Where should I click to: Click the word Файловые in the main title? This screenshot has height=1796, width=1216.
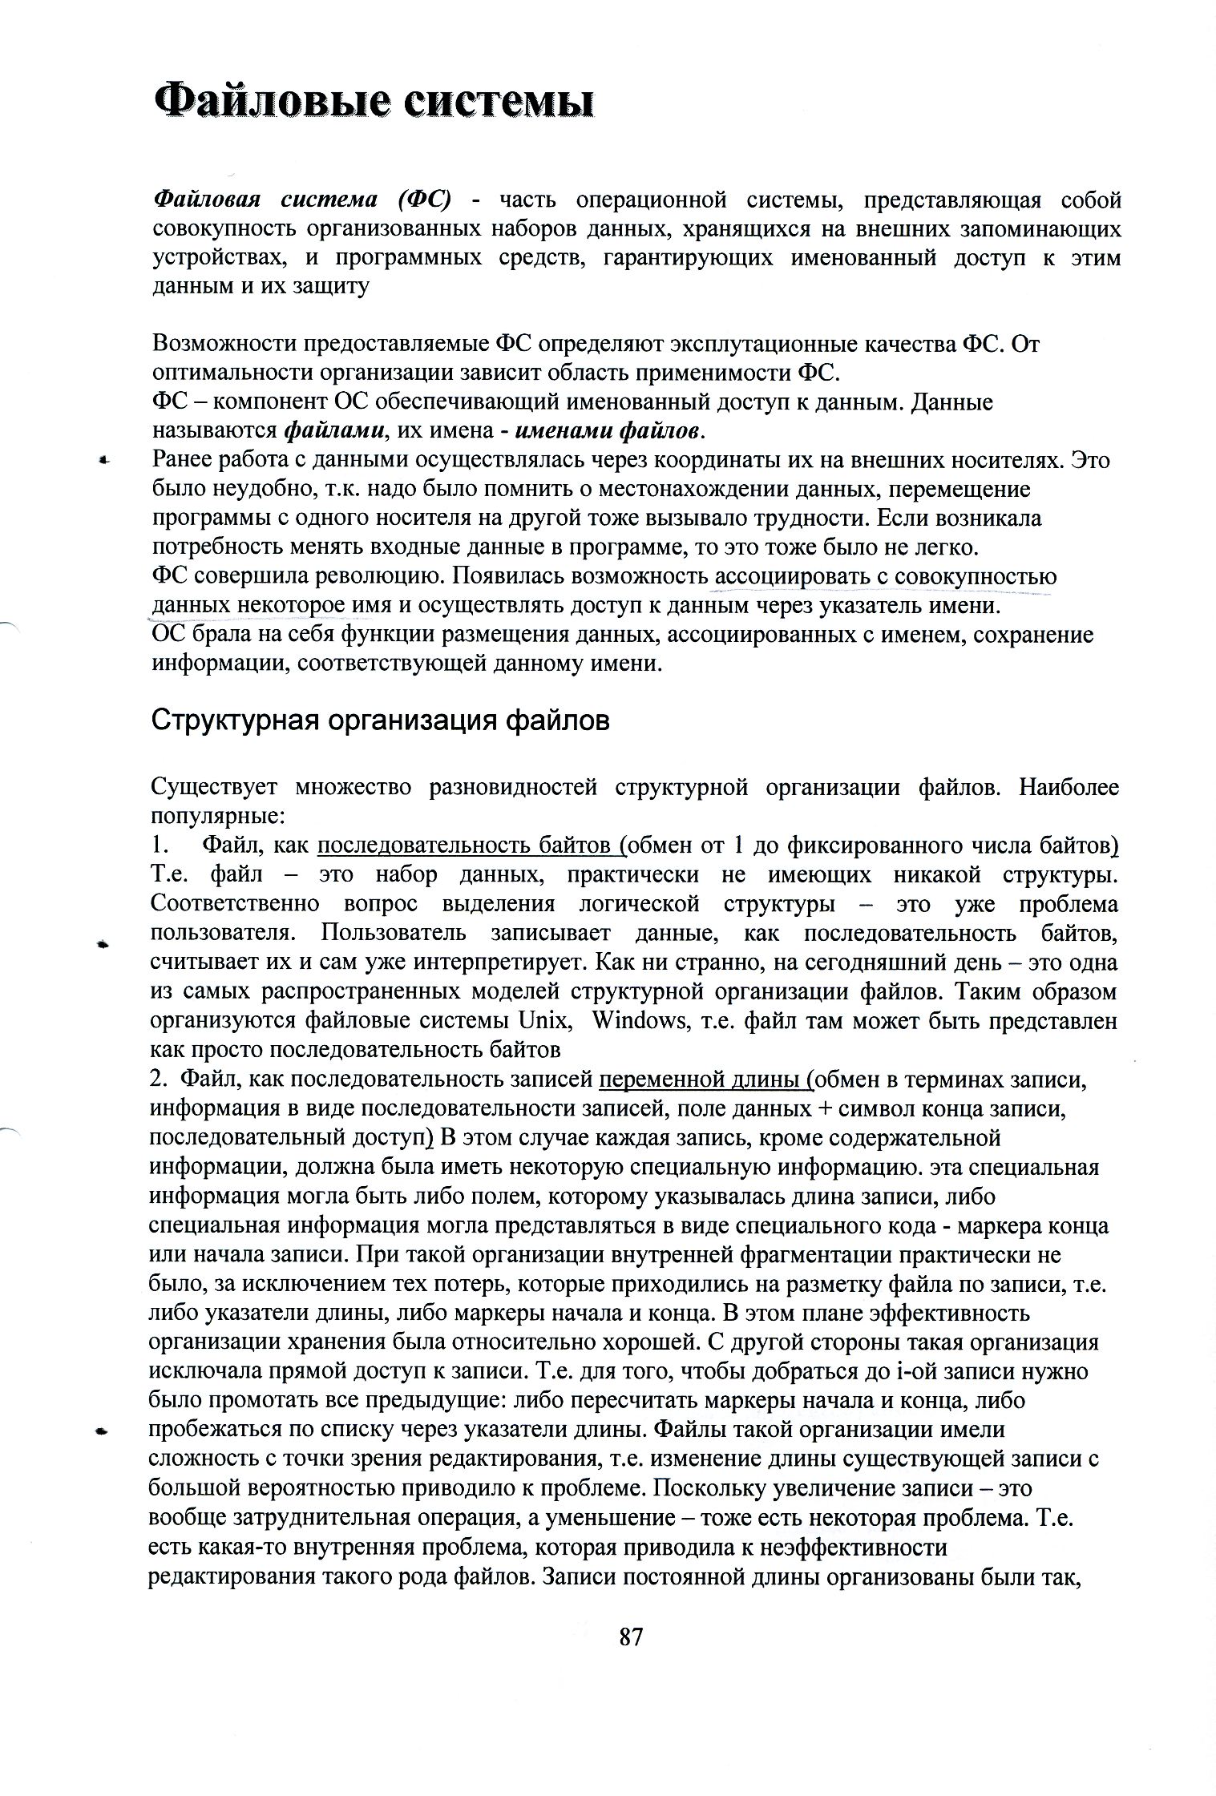[270, 103]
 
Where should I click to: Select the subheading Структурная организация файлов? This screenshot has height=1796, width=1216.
[381, 720]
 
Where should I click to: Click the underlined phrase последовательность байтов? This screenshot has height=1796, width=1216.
[469, 846]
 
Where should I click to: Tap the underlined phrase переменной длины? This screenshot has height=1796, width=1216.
[703, 1080]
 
